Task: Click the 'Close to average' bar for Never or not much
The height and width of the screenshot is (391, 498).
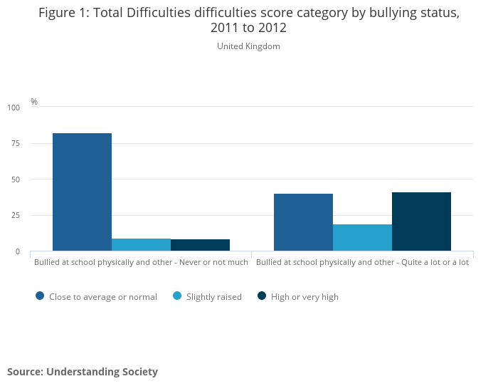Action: tap(82, 192)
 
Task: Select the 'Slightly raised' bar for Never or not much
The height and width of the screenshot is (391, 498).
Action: tap(141, 245)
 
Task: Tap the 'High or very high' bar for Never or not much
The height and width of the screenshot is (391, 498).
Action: tap(200, 245)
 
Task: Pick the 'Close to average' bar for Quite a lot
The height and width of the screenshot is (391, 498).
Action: tap(303, 222)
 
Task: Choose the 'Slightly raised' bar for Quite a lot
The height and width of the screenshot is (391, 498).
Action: tap(362, 238)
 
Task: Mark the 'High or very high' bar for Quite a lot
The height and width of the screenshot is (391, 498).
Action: tap(421, 221)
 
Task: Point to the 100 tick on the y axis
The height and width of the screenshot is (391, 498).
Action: tap(14, 108)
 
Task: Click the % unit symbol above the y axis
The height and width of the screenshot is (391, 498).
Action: tap(34, 102)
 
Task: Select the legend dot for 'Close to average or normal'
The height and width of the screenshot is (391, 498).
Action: tap(40, 296)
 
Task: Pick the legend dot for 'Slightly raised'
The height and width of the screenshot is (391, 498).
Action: tap(177, 296)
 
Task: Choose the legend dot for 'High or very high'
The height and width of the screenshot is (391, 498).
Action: tap(262, 296)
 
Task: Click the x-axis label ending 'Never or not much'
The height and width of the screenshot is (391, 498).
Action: tap(141, 262)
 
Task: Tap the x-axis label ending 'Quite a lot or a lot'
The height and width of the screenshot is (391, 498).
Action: tap(362, 262)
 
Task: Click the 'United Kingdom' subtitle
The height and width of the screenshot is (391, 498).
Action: tap(248, 46)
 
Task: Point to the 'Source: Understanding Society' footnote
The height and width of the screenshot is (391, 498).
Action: tap(83, 372)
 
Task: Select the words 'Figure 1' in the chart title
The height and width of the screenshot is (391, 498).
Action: tap(63, 13)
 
